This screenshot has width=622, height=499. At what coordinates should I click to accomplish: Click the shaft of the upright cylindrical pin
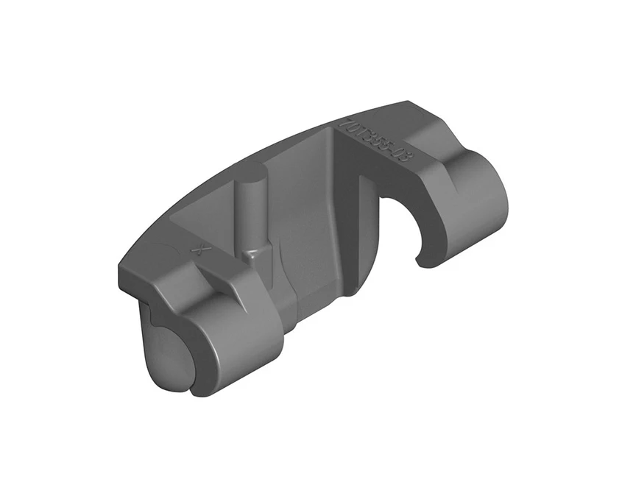pos(251,213)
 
